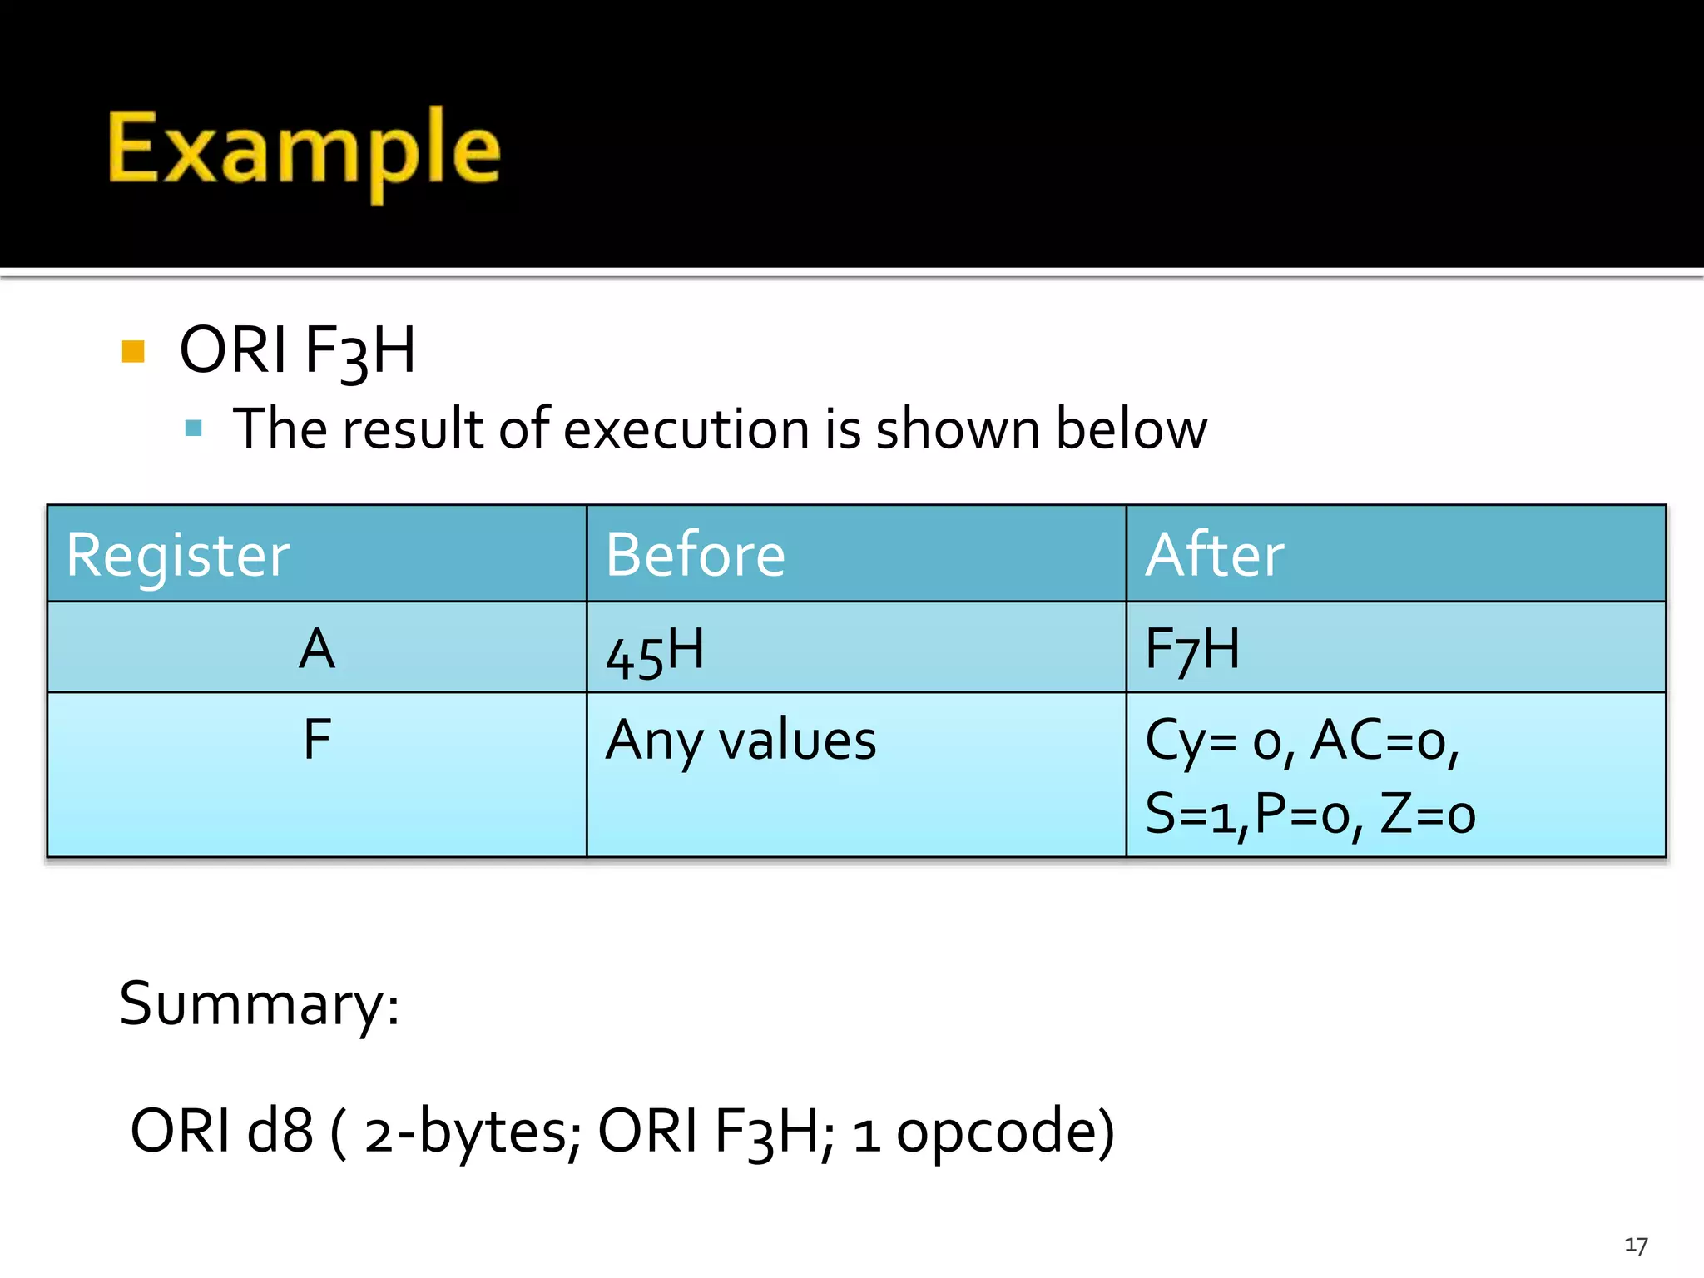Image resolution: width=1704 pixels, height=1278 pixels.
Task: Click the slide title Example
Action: pyautogui.click(x=304, y=150)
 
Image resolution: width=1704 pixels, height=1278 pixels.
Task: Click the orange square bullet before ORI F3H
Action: pyautogui.click(x=133, y=351)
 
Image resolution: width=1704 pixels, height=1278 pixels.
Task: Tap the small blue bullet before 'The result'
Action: pyautogui.click(x=194, y=428)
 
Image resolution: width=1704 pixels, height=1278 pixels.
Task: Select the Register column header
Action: pyautogui.click(x=178, y=555)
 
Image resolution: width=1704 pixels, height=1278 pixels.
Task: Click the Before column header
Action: pyautogui.click(x=695, y=555)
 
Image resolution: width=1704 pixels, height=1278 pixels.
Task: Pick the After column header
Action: pyautogui.click(x=1214, y=555)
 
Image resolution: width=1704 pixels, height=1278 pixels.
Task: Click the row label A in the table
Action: pyautogui.click(x=317, y=649)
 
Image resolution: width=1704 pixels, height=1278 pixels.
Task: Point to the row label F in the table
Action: pyautogui.click(x=317, y=739)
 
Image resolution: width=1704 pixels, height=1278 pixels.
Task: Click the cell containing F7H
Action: pyautogui.click(x=1192, y=649)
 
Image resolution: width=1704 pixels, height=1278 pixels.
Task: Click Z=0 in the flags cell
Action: pyautogui.click(x=1427, y=814)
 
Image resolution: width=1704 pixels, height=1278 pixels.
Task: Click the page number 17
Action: pyautogui.click(x=1636, y=1246)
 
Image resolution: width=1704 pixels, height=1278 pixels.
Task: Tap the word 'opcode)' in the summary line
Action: pyautogui.click(x=1005, y=1132)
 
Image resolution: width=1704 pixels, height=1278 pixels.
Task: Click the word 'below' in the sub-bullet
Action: pyautogui.click(x=1132, y=429)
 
